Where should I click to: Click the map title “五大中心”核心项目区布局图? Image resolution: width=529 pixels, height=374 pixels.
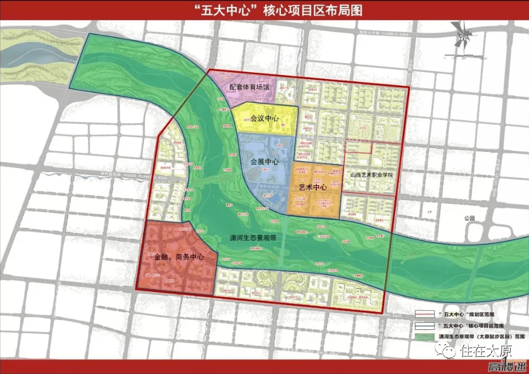coord(264,10)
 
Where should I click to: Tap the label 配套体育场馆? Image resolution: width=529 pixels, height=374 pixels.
coord(253,87)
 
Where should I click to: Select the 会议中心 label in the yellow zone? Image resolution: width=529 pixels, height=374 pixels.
coord(264,118)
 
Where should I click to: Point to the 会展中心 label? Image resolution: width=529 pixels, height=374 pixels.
coord(264,162)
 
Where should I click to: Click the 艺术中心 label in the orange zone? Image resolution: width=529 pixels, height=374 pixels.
coord(313,187)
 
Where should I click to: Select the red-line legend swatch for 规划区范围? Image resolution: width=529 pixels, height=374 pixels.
coord(425,315)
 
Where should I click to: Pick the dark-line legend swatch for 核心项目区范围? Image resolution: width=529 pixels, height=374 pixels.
coord(425,326)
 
